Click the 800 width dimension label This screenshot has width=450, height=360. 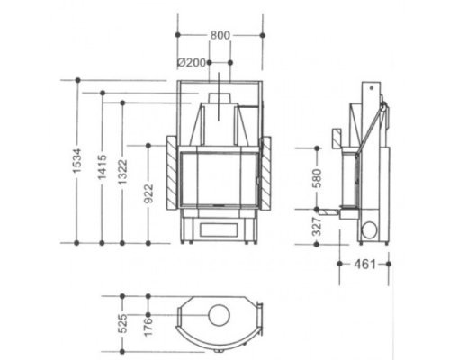coord(220,35)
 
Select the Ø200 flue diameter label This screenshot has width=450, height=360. coord(192,63)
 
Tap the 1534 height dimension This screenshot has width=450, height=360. coord(77,161)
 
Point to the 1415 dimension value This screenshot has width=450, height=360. coord(103,166)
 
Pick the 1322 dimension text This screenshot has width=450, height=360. coord(122,172)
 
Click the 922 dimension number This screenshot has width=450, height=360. coord(148,193)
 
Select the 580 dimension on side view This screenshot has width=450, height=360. coord(317,178)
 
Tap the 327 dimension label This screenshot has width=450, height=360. coord(317,227)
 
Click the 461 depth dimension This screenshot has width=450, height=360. coord(364,265)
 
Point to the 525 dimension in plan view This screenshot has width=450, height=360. coord(122,324)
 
